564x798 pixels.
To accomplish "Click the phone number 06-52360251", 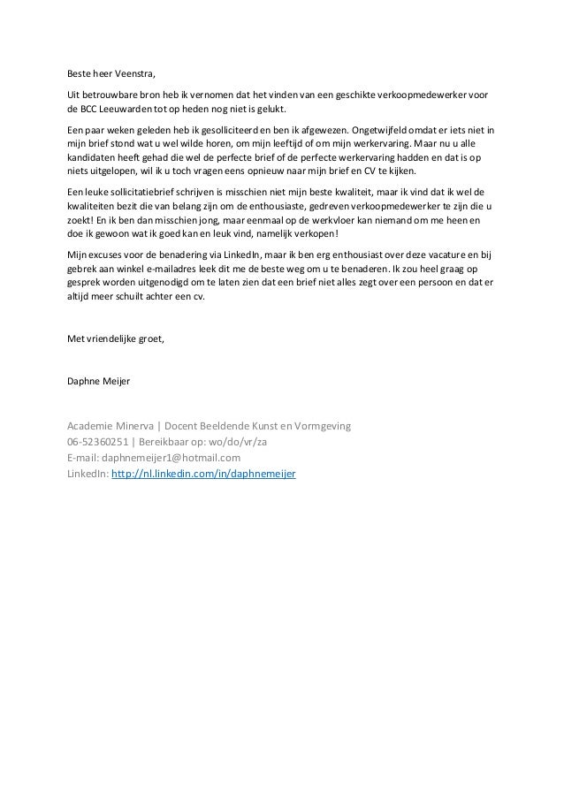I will [97, 442].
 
